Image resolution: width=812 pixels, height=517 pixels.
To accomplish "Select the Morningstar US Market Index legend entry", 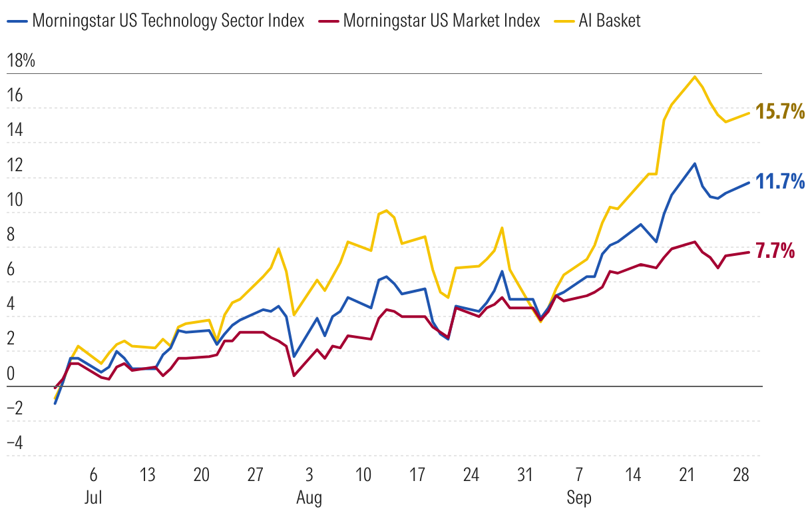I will click(441, 21).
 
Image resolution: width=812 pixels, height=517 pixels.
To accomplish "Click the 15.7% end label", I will click(780, 111).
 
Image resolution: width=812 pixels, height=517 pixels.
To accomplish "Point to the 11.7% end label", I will click(780, 181).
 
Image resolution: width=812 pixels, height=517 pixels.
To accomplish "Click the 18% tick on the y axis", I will click(20, 61).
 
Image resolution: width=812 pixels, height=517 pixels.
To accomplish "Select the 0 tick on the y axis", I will click(10, 373).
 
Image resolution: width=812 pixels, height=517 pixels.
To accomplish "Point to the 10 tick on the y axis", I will click(14, 200).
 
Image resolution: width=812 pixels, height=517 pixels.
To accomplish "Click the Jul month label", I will click(93, 498).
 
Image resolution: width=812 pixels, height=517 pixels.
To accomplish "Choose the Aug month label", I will click(309, 498).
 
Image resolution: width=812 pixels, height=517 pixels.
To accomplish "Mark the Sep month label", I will click(579, 498).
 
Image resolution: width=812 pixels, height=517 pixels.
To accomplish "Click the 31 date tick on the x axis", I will click(525, 476).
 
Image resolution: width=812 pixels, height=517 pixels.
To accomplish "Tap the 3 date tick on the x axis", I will click(309, 476).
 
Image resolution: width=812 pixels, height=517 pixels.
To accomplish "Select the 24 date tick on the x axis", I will click(471, 476).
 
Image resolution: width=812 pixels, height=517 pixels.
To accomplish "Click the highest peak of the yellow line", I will click(695, 77).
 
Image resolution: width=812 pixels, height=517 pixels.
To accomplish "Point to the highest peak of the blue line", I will click(695, 163).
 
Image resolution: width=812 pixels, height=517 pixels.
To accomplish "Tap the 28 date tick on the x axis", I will click(741, 476).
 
